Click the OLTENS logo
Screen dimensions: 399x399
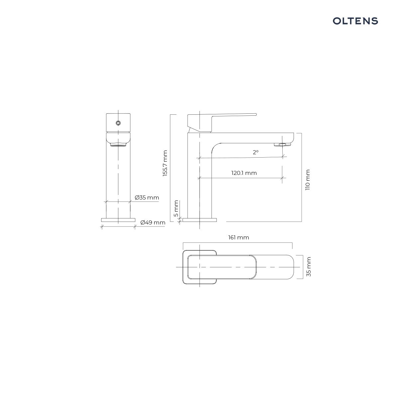355,21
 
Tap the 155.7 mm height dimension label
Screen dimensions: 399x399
165,163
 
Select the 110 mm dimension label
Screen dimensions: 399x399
308,180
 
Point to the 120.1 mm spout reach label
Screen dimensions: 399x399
244,173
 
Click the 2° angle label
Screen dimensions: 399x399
256,152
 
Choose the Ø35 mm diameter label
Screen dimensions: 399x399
147,198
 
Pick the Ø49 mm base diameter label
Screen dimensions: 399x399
153,222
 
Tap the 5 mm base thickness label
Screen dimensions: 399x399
176,208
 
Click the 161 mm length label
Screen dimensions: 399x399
238,237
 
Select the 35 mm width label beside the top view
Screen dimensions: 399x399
309,267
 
